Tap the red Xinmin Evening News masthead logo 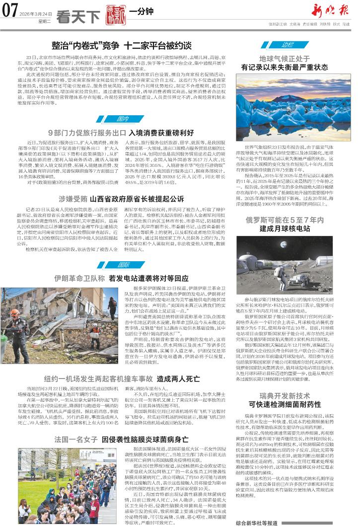click(x=331, y=10)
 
